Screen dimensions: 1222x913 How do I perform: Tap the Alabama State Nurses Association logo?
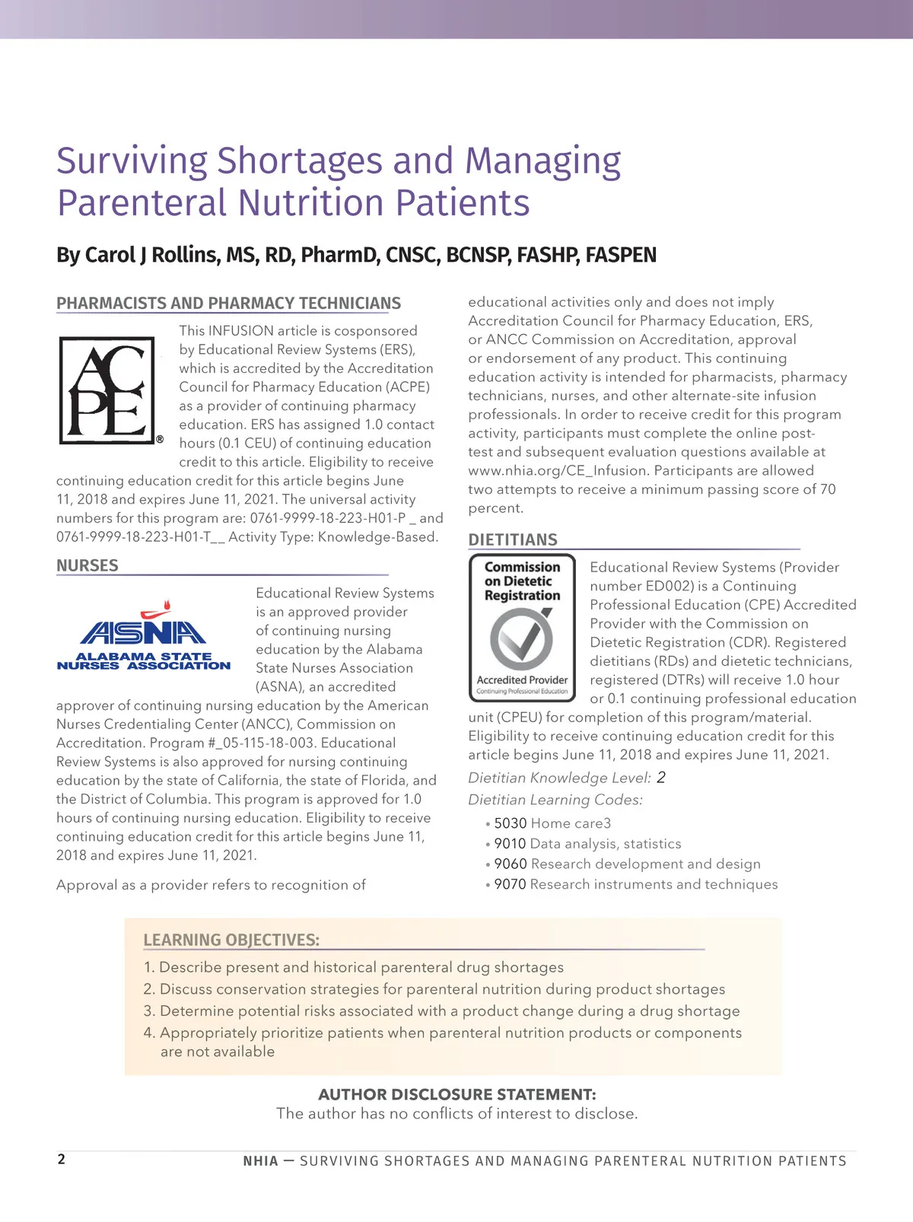coord(144,636)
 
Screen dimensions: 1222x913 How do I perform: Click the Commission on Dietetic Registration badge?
coord(522,628)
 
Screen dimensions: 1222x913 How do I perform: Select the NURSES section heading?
coord(87,565)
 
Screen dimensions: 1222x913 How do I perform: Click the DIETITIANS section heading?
coord(513,539)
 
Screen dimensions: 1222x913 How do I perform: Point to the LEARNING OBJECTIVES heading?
coord(231,940)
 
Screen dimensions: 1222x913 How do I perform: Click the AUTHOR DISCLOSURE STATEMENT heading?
coord(456,1094)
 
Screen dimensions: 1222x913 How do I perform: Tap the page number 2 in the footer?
coord(62,1159)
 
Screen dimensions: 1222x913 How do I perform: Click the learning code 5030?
coord(511,823)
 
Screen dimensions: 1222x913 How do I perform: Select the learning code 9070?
coord(511,884)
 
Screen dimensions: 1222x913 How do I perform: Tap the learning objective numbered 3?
coord(441,1010)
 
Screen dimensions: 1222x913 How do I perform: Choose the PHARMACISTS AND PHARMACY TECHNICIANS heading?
coord(228,304)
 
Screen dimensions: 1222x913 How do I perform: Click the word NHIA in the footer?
coord(260,1161)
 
